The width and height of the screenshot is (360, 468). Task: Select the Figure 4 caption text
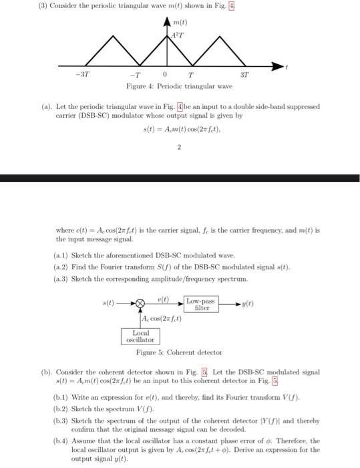coord(179,86)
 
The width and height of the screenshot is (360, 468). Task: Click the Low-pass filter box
coord(202,305)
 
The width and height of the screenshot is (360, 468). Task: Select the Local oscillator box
coord(141,336)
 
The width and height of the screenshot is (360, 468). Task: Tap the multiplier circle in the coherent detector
coord(140,305)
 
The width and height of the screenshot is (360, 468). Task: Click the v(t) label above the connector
coord(163,298)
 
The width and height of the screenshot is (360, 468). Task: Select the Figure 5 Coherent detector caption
coord(179,352)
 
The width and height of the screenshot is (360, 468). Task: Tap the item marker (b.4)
coord(61,441)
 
